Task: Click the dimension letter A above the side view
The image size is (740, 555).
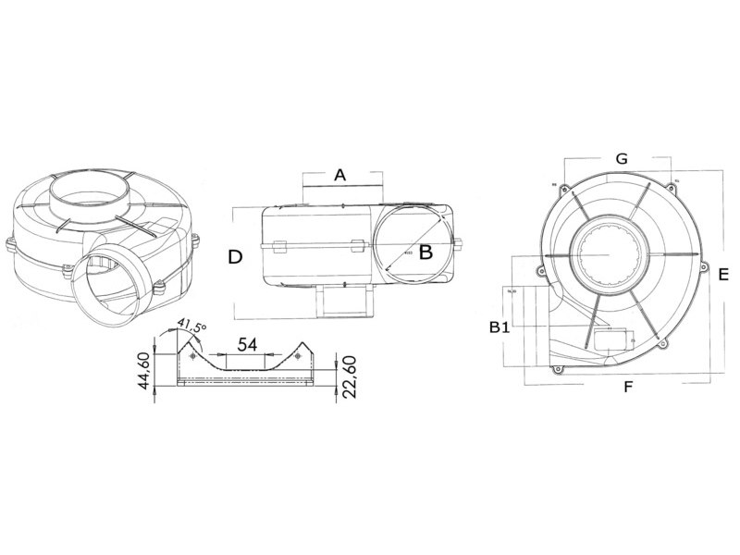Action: tap(339, 175)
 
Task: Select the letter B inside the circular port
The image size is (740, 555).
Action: tap(425, 252)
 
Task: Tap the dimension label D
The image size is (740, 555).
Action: tap(236, 257)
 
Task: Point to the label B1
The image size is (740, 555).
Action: tap(499, 327)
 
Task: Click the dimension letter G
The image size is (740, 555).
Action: tap(622, 159)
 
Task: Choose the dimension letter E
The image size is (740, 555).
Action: tap(724, 275)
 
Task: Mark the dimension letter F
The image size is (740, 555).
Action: tap(627, 387)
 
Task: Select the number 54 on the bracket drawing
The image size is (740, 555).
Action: tap(247, 344)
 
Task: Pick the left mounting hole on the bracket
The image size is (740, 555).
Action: tap(192, 356)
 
